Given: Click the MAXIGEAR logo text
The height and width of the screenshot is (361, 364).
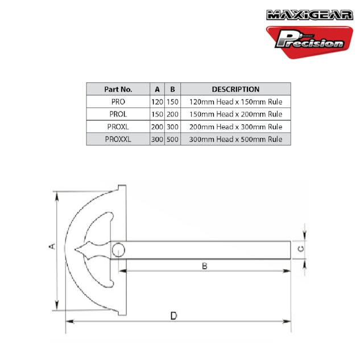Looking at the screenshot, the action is (x=309, y=15).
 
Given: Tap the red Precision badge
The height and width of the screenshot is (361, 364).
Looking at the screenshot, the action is (x=309, y=42).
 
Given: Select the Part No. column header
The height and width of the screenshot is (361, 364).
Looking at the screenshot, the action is (x=118, y=89).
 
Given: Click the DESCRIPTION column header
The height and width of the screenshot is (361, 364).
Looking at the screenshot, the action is (x=235, y=89).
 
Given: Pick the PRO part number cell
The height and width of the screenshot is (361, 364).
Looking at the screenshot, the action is (x=118, y=102).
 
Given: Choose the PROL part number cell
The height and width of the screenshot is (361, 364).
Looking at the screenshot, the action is (x=118, y=114).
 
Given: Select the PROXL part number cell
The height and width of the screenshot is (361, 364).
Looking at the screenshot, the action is (x=118, y=127).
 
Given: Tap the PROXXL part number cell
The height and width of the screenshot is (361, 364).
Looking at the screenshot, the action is (x=118, y=139).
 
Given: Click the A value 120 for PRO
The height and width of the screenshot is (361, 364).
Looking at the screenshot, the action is (x=157, y=102).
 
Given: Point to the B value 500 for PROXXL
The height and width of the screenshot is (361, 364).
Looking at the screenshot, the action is (x=172, y=139).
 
